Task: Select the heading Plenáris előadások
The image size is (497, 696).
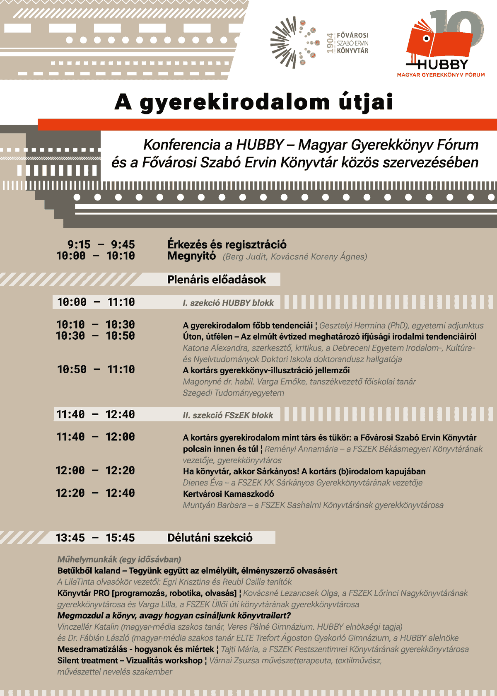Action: pyautogui.click(x=216, y=280)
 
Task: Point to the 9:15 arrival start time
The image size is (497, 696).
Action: pyautogui.click(x=78, y=244)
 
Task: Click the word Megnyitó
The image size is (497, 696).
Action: pyautogui.click(x=191, y=256)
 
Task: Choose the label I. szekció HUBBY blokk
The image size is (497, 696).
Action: pyautogui.click(x=228, y=303)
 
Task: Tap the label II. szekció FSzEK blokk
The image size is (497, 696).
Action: pyautogui.click(x=228, y=415)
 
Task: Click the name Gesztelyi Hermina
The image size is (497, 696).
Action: pyautogui.click(x=352, y=326)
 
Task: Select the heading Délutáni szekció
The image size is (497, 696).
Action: pyautogui.click(x=210, y=538)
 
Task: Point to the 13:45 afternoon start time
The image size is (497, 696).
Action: pyautogui.click(x=70, y=538)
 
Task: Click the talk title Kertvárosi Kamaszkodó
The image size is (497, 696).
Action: pyautogui.click(x=228, y=494)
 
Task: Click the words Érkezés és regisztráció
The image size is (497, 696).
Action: pyautogui.click(x=227, y=244)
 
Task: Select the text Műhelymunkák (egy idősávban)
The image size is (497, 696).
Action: pyautogui.click(x=119, y=559)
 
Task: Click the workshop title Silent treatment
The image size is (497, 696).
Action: pyautogui.click(x=87, y=660)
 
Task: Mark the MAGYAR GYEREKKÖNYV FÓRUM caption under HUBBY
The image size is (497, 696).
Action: pyautogui.click(x=441, y=75)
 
